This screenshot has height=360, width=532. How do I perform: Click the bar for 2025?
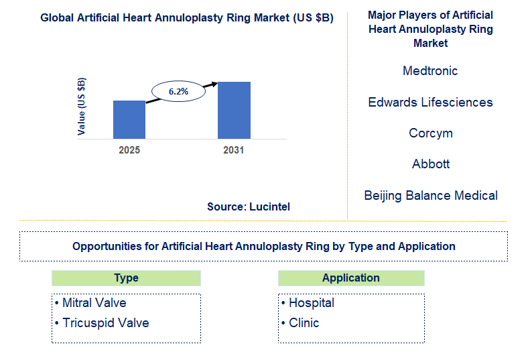click(x=129, y=119)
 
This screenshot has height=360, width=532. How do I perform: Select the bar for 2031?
click(x=234, y=110)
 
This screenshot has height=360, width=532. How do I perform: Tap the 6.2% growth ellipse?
click(x=178, y=91)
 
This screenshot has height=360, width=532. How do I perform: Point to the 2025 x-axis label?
click(x=129, y=150)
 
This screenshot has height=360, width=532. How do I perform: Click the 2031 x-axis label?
click(x=234, y=150)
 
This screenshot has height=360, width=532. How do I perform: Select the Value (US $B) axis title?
click(x=82, y=106)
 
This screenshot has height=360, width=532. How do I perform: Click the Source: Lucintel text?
click(x=249, y=207)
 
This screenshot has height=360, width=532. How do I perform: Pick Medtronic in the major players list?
click(x=430, y=71)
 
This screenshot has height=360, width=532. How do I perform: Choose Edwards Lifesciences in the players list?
click(x=430, y=103)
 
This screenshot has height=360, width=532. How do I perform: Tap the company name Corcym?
click(x=430, y=133)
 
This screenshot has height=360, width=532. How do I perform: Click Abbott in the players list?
click(x=430, y=164)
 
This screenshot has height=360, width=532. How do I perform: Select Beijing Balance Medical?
click(x=430, y=196)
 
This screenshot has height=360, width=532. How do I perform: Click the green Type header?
click(x=126, y=278)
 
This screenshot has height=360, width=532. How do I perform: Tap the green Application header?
click(x=350, y=278)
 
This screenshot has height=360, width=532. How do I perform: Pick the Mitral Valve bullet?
click(x=90, y=303)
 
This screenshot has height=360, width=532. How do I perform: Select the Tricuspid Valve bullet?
click(x=102, y=323)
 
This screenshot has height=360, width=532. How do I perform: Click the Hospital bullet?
click(x=308, y=303)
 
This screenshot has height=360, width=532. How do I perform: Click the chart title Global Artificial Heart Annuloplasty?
click(x=187, y=17)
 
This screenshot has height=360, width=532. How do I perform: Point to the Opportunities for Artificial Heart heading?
click(x=263, y=247)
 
